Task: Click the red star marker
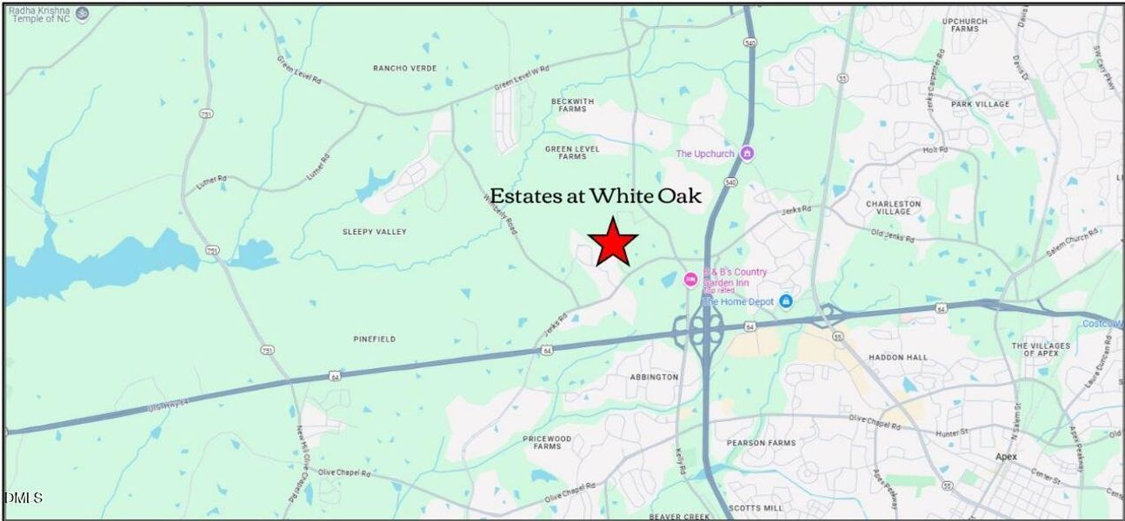614,242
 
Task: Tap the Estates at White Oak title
596,196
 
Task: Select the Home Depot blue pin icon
786,300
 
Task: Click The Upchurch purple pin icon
747,154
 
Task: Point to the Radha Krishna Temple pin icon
82,13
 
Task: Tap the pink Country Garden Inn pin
690,279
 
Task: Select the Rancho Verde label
404,68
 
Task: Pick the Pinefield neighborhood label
375,339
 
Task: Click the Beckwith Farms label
573,105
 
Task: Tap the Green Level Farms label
572,153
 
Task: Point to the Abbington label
653,377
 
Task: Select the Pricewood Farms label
547,442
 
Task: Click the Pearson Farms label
762,443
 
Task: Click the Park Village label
980,104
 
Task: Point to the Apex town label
1006,457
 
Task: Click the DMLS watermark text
23,498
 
